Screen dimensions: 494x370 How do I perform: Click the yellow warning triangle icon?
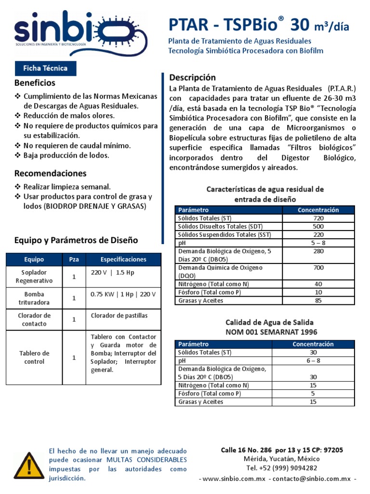pyautogui.click(x=29, y=466)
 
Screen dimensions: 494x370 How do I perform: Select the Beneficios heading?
pyautogui.click(x=35, y=83)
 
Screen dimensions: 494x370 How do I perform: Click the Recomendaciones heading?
pyautogui.click(x=50, y=173)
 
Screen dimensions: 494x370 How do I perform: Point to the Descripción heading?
pyautogui.click(x=193, y=77)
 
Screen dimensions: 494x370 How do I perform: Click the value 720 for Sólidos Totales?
pyautogui.click(x=318, y=218)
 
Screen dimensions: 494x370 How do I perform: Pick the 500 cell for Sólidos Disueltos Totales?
pyautogui.click(x=318, y=226)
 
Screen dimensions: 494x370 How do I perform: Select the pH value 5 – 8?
pyautogui.click(x=318, y=243)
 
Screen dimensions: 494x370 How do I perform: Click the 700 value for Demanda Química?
pyautogui.click(x=318, y=267)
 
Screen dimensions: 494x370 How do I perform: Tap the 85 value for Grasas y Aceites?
pyautogui.click(x=318, y=301)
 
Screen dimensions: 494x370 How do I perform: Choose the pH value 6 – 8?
pyautogui.click(x=313, y=360)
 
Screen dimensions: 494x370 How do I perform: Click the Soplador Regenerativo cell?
pyautogui.click(x=34, y=276)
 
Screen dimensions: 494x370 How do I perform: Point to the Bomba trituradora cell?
pyautogui.click(x=34, y=298)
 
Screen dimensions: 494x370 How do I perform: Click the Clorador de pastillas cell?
pyautogui.click(x=119, y=316)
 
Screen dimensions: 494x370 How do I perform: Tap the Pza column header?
pyautogui.click(x=74, y=259)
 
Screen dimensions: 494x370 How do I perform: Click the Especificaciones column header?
pyautogui.click(x=123, y=259)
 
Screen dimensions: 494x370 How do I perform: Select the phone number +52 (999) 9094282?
pyautogui.click(x=282, y=467)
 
